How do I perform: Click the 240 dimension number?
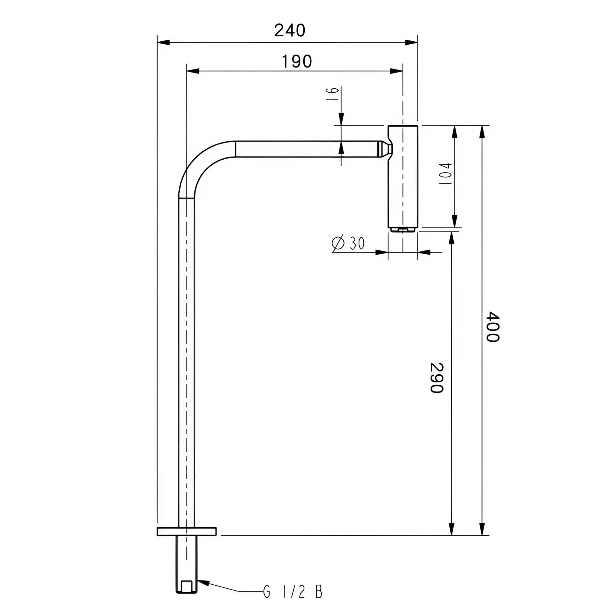click(x=290, y=31)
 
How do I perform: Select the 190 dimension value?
click(x=297, y=61)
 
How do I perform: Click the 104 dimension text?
click(x=445, y=174)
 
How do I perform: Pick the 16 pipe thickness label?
click(x=333, y=93)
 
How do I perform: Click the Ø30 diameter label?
click(x=348, y=243)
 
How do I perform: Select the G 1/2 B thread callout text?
click(x=293, y=592)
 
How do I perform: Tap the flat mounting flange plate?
click(x=187, y=531)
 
